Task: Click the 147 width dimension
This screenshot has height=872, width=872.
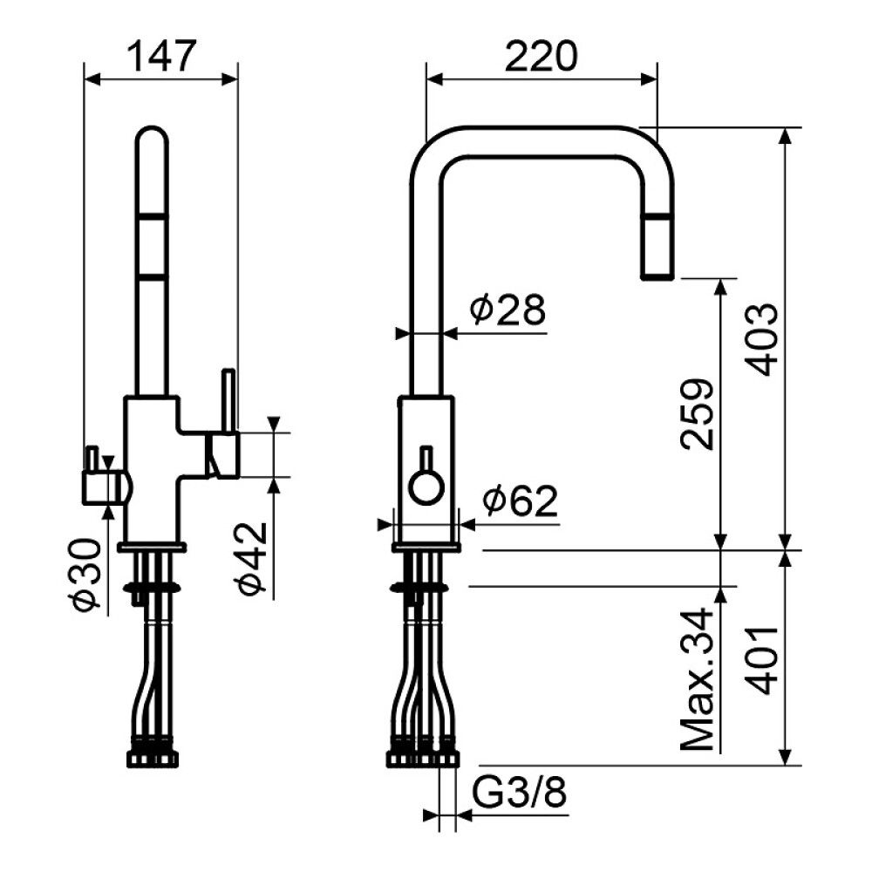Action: [162, 56]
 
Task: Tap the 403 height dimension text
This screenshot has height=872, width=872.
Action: [760, 340]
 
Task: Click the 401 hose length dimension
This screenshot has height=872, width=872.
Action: [760, 660]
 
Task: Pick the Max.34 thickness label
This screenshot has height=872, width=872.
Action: [696, 679]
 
